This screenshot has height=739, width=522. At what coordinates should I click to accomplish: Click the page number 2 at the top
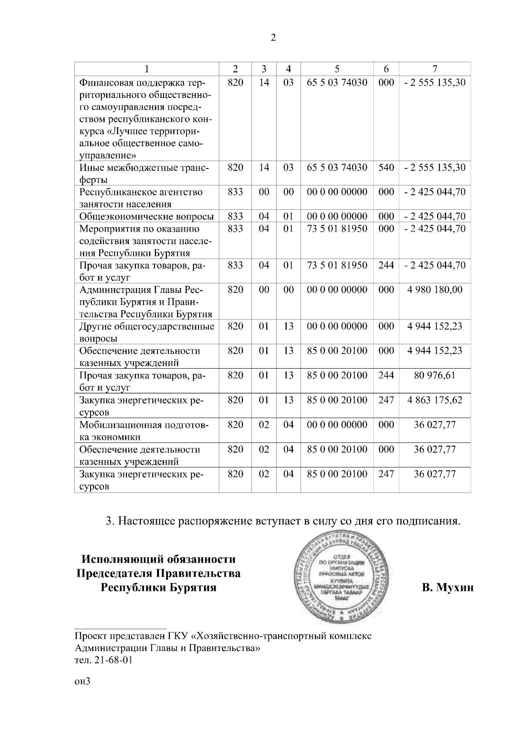(x=273, y=38)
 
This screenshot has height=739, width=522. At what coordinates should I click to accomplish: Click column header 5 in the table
(x=337, y=69)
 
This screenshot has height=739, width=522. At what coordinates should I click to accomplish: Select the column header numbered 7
(x=435, y=69)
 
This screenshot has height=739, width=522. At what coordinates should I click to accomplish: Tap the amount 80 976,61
(x=435, y=375)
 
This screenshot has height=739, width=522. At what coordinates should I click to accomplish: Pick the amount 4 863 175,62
(x=435, y=400)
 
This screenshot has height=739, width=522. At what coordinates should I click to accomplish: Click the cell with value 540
(x=386, y=168)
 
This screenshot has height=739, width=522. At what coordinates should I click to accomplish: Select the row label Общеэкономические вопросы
(x=147, y=217)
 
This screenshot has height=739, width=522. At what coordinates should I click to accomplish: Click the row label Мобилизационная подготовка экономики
(x=144, y=430)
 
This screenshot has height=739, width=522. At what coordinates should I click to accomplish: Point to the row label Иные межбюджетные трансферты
(x=144, y=173)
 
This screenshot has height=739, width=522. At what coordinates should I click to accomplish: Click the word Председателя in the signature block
(x=158, y=573)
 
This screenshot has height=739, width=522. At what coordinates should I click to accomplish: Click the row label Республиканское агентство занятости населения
(x=141, y=198)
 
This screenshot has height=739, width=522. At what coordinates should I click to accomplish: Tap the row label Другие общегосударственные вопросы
(x=147, y=332)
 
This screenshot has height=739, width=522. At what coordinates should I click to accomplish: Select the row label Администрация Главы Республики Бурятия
(x=145, y=302)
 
